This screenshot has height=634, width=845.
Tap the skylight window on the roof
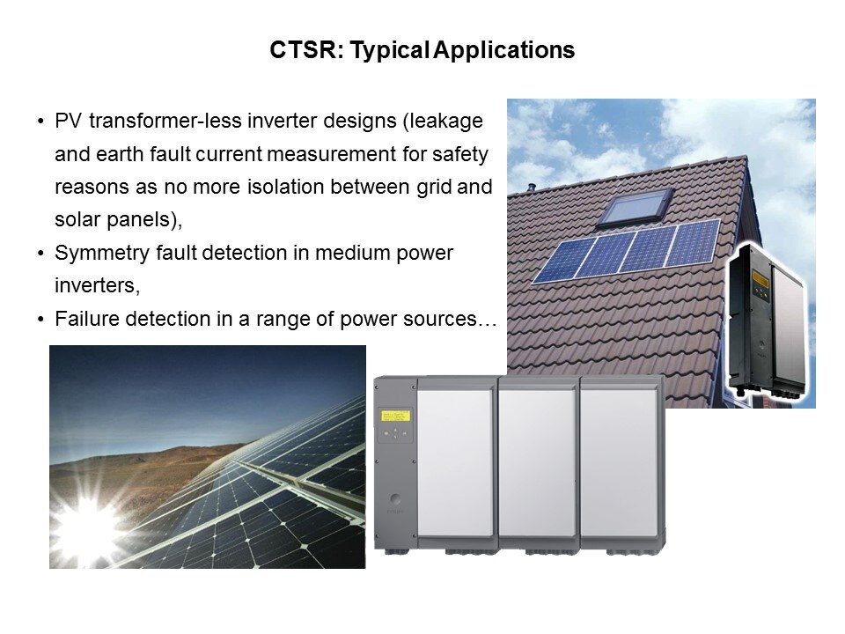636,206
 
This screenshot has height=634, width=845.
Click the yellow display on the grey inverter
395,416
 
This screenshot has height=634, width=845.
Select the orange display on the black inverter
760,279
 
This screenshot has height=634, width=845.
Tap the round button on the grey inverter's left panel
395,498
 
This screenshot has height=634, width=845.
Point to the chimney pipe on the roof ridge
532,187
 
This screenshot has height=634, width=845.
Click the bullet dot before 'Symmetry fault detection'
40,254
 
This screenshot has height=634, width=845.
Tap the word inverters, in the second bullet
97,285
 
